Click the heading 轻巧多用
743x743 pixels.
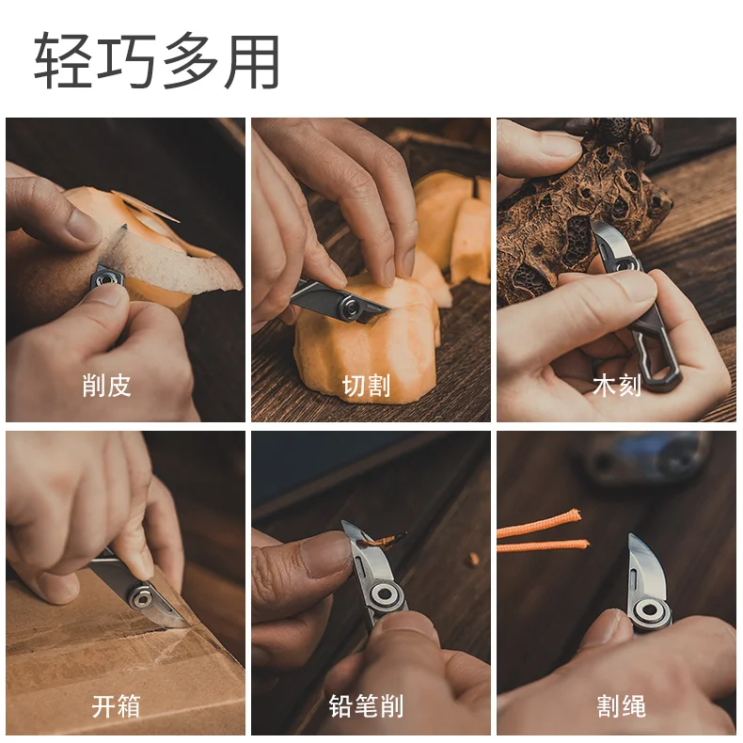pos(156,60)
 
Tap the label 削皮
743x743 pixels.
pos(106,385)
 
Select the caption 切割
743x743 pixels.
pos(366,386)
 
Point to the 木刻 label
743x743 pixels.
pos(616,385)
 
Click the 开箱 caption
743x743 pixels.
pos(116,706)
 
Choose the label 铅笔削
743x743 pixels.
pos(366,706)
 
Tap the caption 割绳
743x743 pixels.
pos(621,706)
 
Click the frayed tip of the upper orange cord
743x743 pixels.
pos(575,514)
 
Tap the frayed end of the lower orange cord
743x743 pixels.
pos(583,545)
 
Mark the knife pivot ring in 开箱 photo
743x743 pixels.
pos(141,597)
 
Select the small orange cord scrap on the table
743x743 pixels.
pos(474,560)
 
